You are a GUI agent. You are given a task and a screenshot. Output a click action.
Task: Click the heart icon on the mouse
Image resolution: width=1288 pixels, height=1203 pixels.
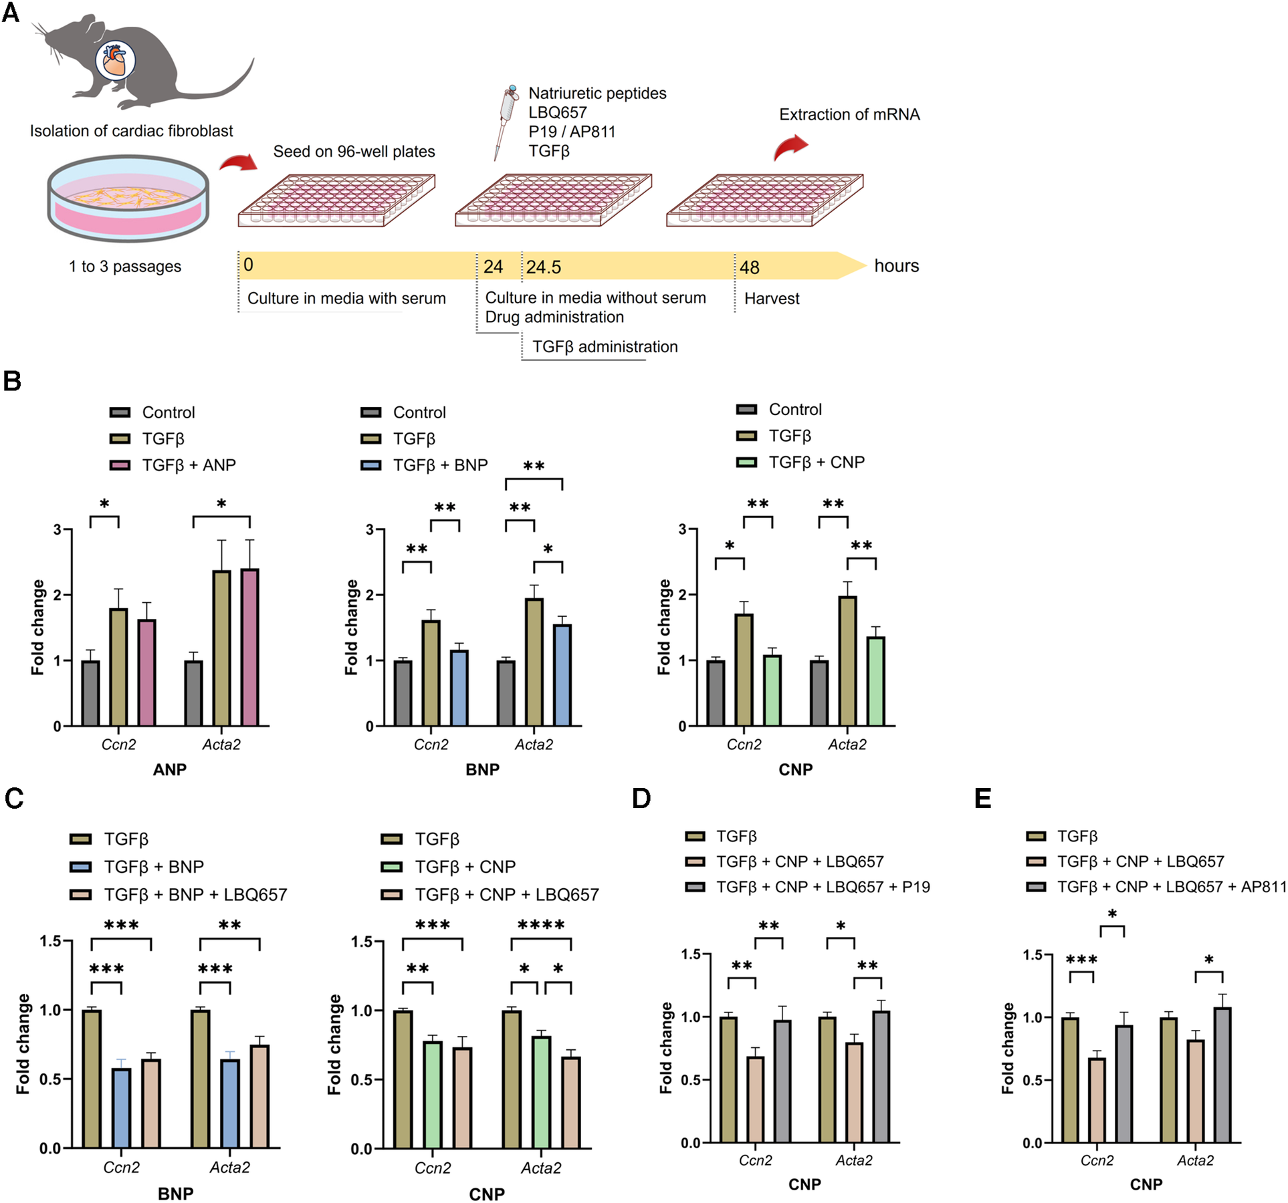click(x=115, y=61)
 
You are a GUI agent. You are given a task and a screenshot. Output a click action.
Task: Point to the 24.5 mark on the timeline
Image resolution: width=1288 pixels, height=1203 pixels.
click(x=543, y=267)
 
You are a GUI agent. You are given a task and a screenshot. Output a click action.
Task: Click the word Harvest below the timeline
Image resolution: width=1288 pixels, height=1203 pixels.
click(x=772, y=299)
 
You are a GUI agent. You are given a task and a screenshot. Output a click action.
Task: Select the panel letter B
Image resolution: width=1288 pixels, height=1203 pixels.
click(x=12, y=382)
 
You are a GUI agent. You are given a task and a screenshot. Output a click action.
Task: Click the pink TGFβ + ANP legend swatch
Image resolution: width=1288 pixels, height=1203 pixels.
click(x=120, y=465)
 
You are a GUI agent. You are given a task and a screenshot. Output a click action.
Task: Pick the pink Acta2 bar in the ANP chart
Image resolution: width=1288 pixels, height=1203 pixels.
click(x=250, y=647)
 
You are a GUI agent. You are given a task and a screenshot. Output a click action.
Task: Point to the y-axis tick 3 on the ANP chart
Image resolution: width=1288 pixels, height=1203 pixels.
click(x=58, y=530)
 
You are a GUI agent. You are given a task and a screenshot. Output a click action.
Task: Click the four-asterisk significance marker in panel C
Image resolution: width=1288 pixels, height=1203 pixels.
click(x=541, y=926)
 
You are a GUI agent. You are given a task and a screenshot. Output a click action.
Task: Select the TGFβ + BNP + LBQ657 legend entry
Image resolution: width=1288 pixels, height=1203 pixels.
click(x=195, y=894)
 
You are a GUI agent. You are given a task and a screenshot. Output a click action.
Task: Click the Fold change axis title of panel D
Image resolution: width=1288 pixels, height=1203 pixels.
click(x=666, y=1048)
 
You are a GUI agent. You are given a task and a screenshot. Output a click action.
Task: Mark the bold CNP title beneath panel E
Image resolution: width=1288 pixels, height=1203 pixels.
click(x=1146, y=1184)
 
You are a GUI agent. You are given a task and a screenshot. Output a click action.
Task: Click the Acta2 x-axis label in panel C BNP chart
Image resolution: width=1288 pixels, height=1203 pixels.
click(x=230, y=1168)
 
